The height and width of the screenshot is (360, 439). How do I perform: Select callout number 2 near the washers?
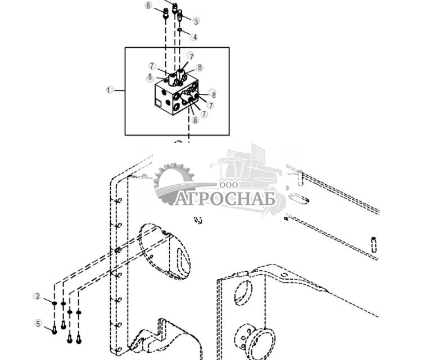(x=37, y=297)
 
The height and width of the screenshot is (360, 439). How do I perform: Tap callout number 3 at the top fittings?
(x=196, y=22)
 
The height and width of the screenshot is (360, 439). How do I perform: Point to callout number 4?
(x=194, y=37)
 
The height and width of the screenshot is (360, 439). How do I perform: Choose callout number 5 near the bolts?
(x=38, y=323)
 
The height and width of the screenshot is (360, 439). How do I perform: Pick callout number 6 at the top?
(x=148, y=6)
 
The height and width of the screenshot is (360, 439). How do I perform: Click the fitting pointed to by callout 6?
(x=166, y=14)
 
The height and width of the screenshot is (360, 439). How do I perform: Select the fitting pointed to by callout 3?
(x=180, y=17)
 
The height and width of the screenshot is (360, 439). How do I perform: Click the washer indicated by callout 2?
(x=55, y=303)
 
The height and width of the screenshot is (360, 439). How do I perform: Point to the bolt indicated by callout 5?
(x=55, y=330)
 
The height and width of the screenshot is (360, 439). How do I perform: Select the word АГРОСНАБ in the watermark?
(x=225, y=199)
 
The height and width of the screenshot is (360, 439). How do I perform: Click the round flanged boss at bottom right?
(x=259, y=338)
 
